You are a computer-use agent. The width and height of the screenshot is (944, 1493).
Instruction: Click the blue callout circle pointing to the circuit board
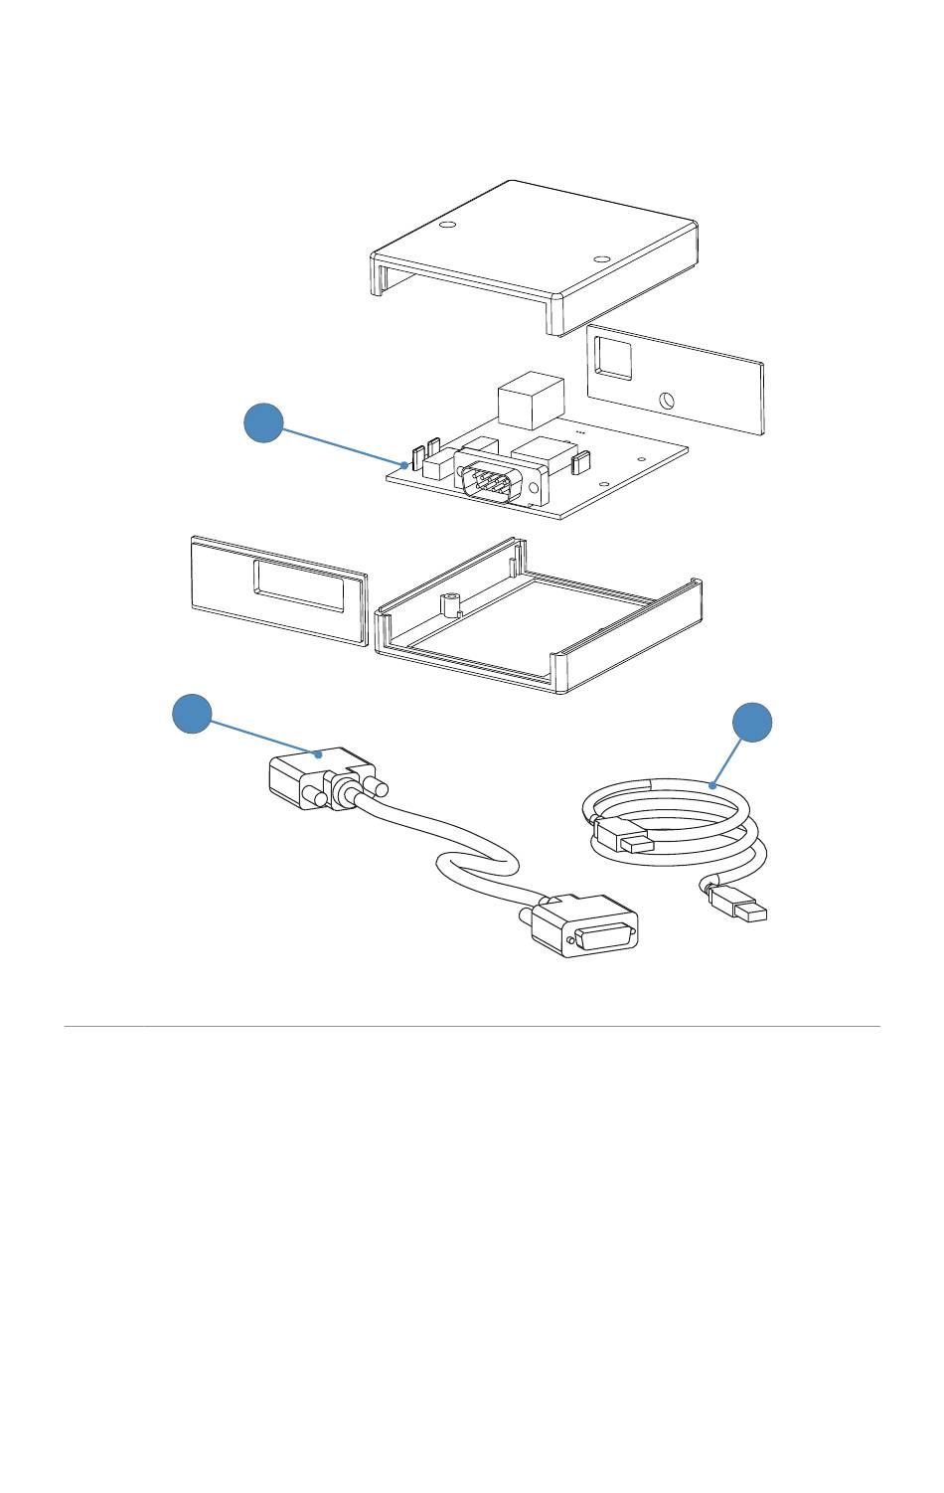coord(263,424)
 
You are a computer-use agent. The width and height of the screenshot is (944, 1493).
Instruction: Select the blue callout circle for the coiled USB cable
coord(752,723)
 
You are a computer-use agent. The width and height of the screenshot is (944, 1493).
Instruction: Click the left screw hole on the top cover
coord(446,227)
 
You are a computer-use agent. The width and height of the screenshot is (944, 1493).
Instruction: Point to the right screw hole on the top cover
coord(600,259)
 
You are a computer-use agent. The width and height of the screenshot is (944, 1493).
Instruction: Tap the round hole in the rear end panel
coord(668,402)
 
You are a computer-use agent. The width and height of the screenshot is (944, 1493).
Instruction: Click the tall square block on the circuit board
coord(530,399)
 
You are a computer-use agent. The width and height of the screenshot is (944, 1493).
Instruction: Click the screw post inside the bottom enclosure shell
coord(450,603)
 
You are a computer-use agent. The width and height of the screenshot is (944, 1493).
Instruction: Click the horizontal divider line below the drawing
coord(472,1026)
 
